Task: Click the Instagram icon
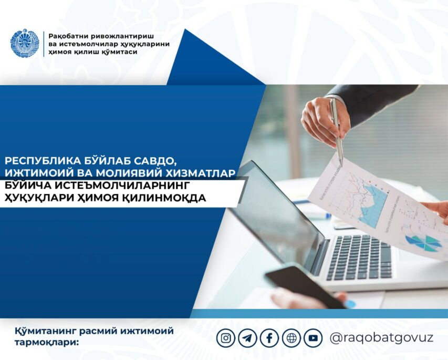[x=226, y=338]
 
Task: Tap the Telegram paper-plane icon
[x=247, y=338]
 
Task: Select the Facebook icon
[x=269, y=338]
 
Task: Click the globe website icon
[x=291, y=338]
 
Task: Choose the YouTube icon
[x=313, y=338]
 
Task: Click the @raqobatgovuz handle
[x=381, y=338]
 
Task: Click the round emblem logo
[x=24, y=43]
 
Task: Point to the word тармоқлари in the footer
[x=47, y=342]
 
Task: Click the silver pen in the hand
[x=336, y=131]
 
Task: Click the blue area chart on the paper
[x=372, y=205]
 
